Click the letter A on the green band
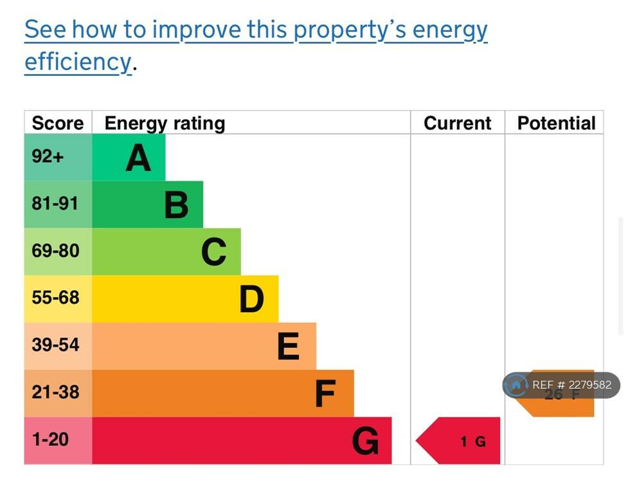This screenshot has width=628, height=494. point(138,158)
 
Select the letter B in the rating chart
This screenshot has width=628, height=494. point(176,205)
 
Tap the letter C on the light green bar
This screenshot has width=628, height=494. point(213,252)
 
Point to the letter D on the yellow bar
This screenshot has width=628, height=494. point(251,299)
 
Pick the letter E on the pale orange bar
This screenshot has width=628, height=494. point(289,346)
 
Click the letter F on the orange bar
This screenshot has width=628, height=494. point(326,394)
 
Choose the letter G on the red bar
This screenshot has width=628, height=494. point(365,441)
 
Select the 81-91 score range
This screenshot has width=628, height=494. point(55,204)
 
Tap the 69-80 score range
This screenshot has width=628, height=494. point(55,251)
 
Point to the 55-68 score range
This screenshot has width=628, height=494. point(55,298)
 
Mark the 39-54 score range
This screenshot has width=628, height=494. point(55,345)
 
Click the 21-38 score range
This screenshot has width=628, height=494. point(55,392)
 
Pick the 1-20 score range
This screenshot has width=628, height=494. point(50,440)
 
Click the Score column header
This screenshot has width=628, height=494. point(58,123)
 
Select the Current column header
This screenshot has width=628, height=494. point(457,123)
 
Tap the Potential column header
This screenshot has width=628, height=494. point(556,123)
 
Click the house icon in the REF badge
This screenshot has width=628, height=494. point(516,385)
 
